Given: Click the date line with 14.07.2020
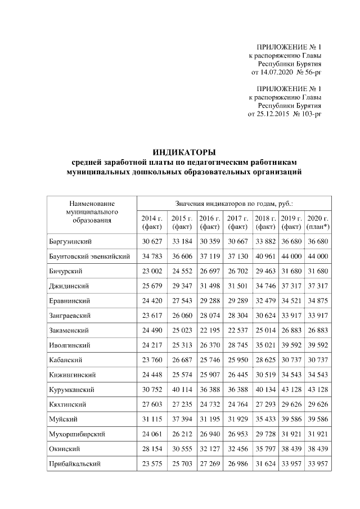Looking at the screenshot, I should coord(286,73).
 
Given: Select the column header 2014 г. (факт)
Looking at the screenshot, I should coord(151,222).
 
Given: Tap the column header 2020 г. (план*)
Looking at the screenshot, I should coord(317,222).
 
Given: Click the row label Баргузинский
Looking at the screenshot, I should coord(70,242).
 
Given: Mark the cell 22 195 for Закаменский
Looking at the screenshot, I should coord(209,330).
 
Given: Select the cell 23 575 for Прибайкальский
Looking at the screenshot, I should coord(151,463).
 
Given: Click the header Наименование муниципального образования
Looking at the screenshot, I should coord(92,211).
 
